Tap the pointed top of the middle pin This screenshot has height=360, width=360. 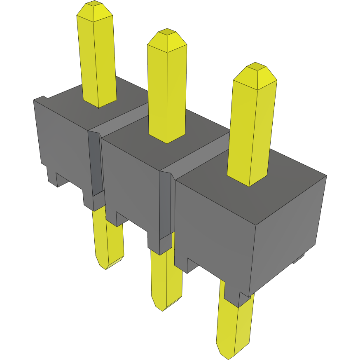pos(167,40)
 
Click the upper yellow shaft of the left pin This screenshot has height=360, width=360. pos(98,62)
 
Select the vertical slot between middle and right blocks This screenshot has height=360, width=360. pos(165,206)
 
